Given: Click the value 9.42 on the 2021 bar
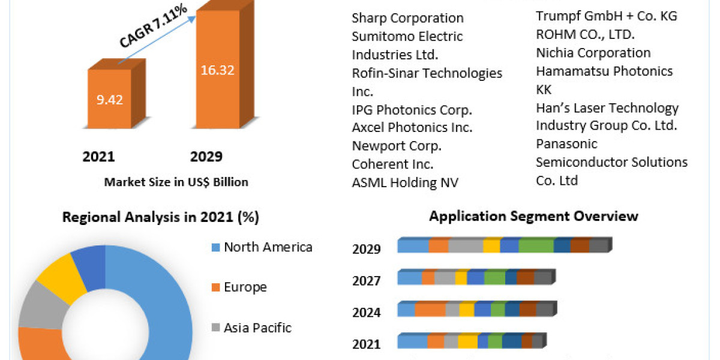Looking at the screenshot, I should coord(109,100).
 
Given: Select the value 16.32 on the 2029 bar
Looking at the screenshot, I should coord(217,70).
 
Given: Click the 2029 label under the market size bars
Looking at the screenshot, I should coord(206,157).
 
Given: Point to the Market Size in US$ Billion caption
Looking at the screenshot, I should coord(176,182).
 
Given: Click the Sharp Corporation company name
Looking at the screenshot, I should coord(407,18).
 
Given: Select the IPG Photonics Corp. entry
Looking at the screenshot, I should coord(412,110).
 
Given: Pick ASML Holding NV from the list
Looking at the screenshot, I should coord(405,182).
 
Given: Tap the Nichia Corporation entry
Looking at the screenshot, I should coord(593,53).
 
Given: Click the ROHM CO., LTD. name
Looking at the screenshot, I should coord(585,35).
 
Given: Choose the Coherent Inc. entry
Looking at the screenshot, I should coord(392,164).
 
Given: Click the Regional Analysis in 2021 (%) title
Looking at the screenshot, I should coord(161,217).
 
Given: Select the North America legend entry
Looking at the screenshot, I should coord(268,247).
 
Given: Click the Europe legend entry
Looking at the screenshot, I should coord(245,287).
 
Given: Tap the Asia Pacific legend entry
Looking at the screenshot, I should coord(257,328).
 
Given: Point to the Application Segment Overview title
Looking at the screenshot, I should coord(533,216).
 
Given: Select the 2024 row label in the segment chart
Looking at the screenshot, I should coord(366,313).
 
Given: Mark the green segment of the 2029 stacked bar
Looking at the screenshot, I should coord(536,246).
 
